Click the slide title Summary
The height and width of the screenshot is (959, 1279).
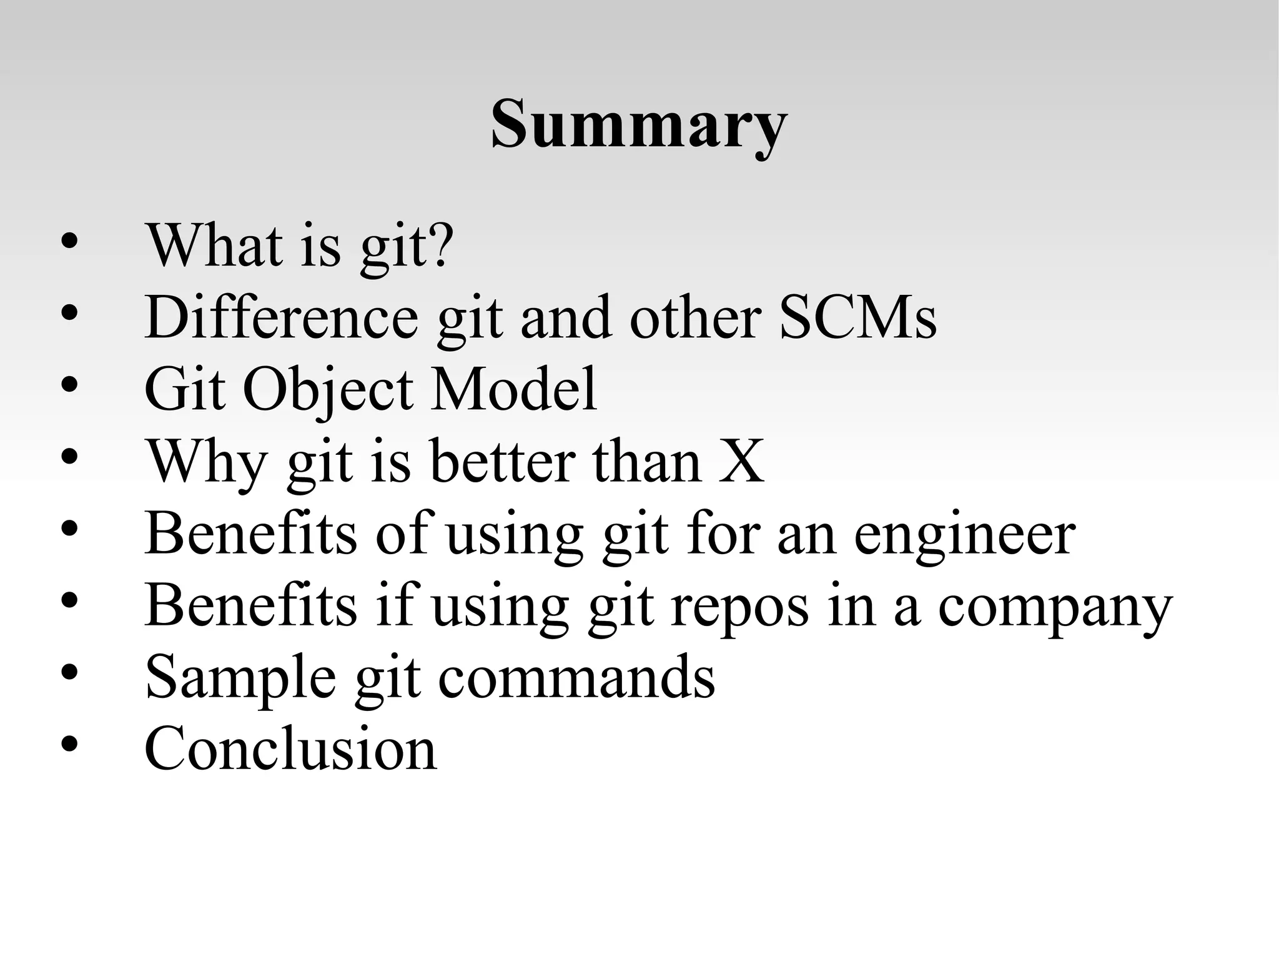tap(638, 125)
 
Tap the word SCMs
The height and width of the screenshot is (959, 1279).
tap(858, 317)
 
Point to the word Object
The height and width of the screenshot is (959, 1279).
tap(328, 390)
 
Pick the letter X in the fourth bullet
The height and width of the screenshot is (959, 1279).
tap(741, 462)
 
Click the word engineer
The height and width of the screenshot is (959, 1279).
tap(964, 536)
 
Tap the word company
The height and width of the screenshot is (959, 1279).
tap(1055, 608)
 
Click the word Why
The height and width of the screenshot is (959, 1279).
tap(206, 463)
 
